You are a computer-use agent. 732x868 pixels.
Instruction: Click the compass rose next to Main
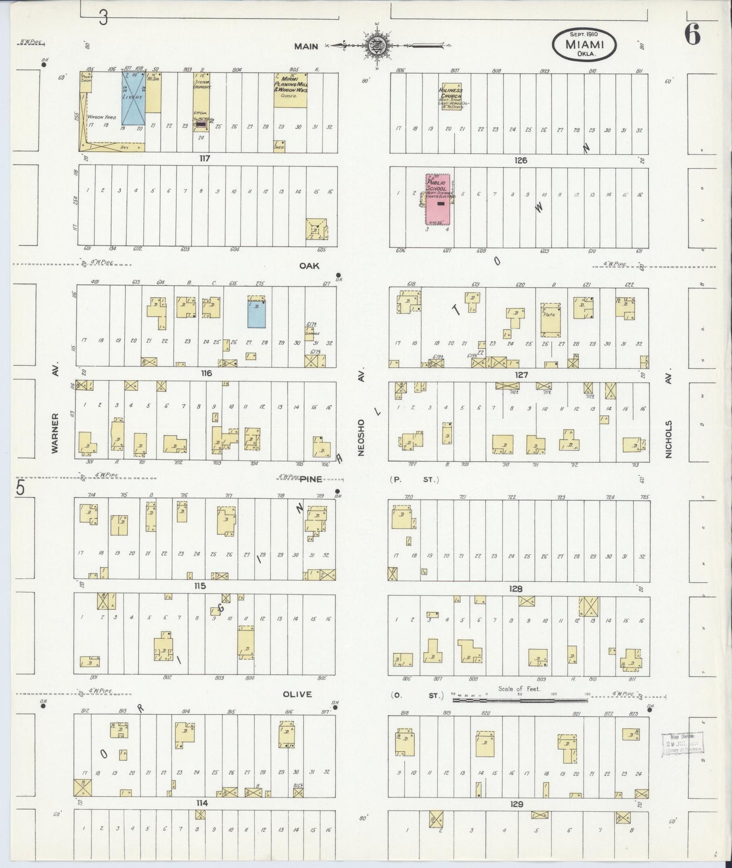pos(376,46)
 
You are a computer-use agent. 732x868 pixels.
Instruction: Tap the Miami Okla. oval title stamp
pos(585,45)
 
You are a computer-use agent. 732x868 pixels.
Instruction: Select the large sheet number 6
pos(692,34)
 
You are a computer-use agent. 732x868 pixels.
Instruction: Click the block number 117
pos(204,158)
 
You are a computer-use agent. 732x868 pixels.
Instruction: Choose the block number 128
pos(516,589)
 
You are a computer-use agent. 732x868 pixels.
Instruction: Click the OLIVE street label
pos(297,694)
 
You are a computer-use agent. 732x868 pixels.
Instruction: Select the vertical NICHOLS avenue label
pos(669,439)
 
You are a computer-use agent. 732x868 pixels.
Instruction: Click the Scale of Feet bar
pos(520,701)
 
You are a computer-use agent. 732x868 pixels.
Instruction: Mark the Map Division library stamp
pos(681,745)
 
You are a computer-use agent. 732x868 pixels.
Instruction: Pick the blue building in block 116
pos(257,313)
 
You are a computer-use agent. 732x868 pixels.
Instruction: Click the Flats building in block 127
pos(550,320)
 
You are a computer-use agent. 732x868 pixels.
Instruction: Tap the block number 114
pos(202,803)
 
